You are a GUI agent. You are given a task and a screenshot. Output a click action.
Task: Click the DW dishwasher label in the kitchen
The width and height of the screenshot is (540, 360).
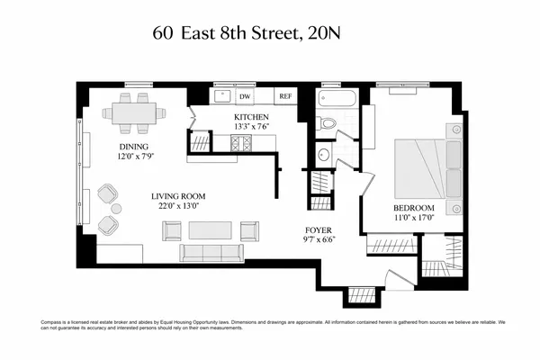click(245, 96)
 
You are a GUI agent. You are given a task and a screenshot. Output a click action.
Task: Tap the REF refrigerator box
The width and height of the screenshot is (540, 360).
click(285, 96)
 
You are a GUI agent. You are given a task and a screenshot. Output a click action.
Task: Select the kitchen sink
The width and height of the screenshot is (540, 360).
click(220, 96)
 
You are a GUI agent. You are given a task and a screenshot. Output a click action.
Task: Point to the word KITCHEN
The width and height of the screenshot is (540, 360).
click(251, 118)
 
